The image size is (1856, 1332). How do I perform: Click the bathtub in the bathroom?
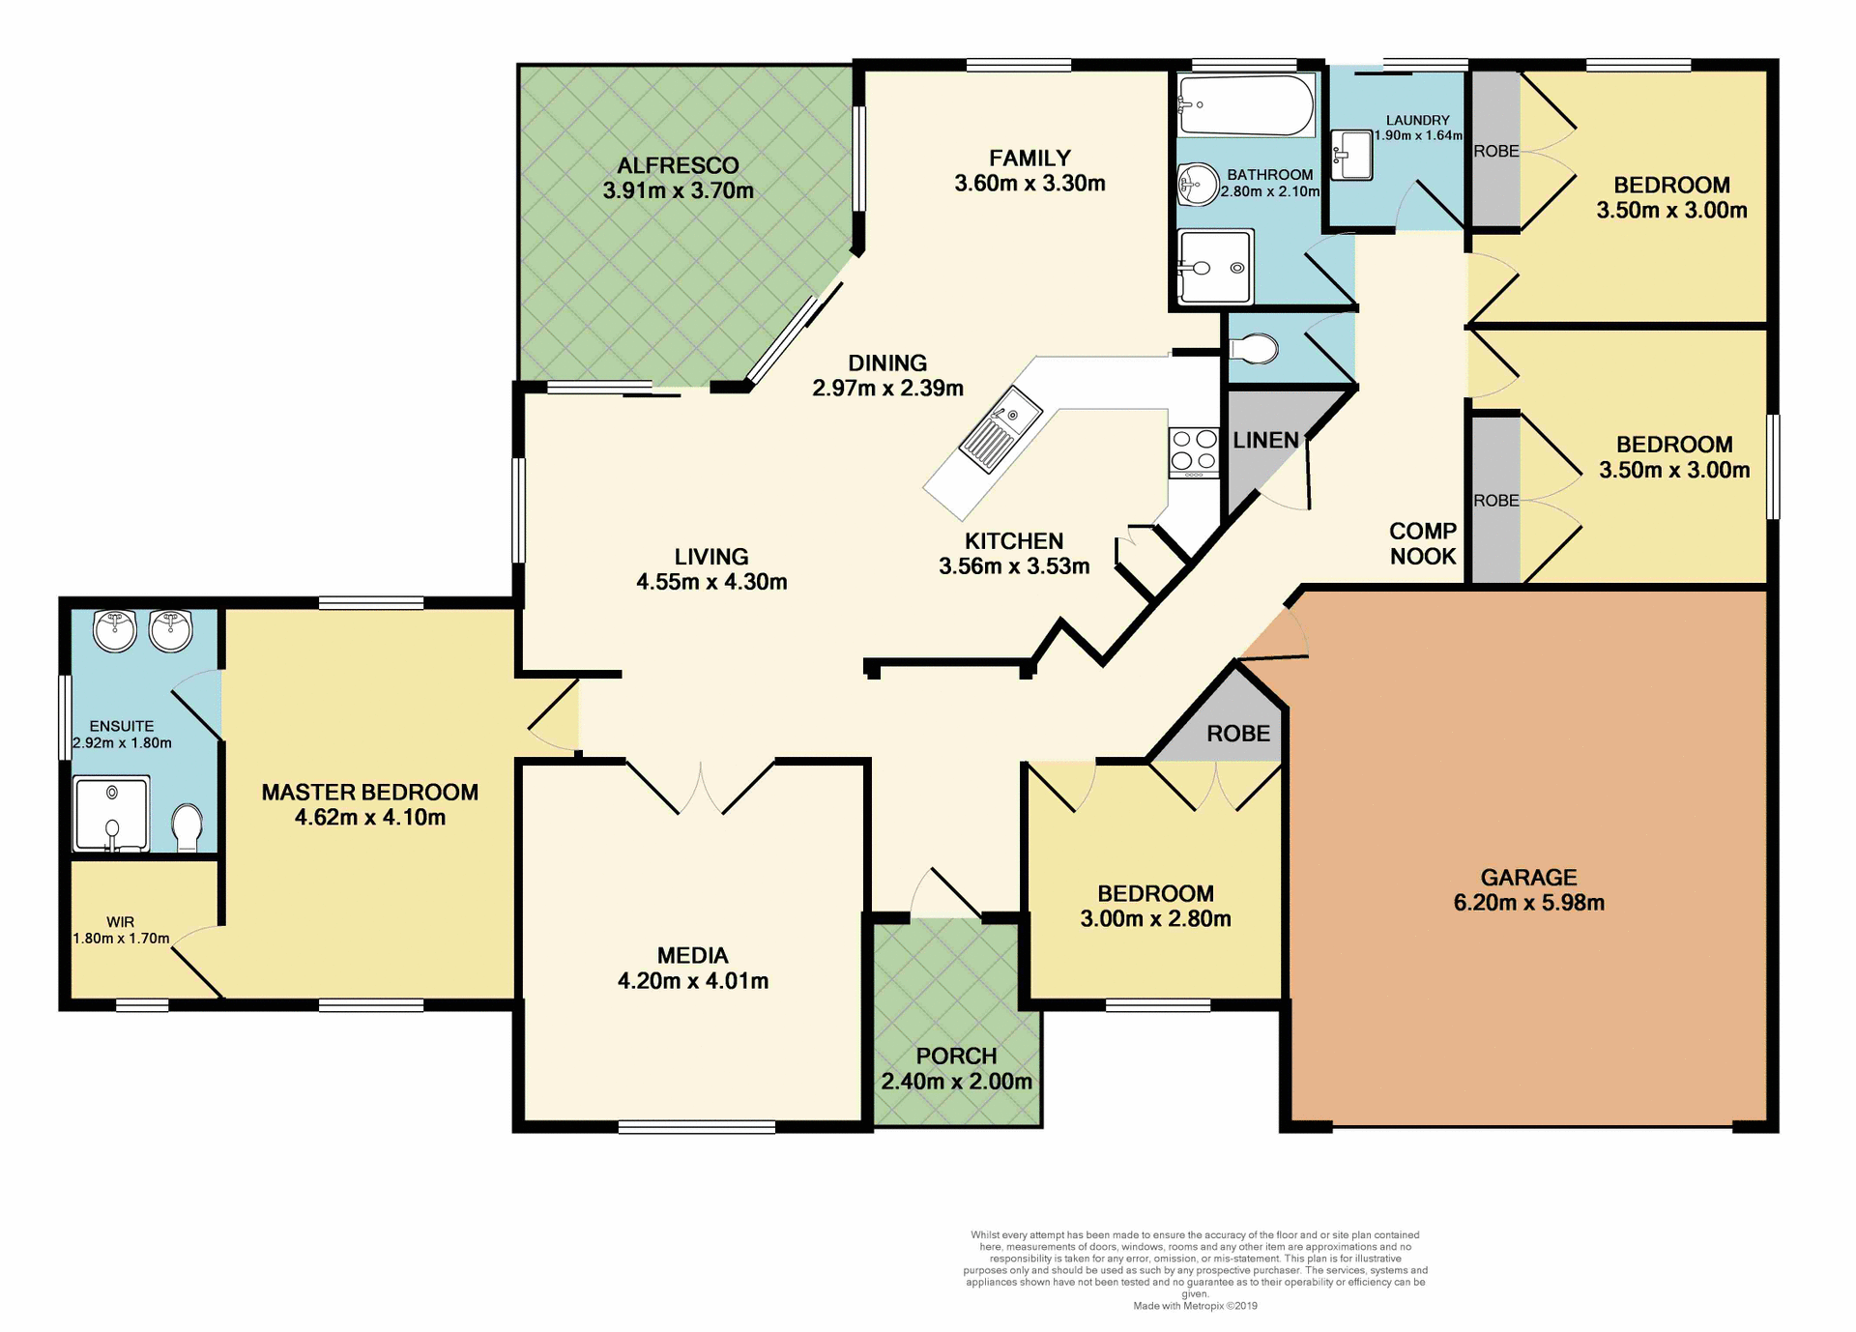[1246, 105]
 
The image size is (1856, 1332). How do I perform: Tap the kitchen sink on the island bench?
[1000, 430]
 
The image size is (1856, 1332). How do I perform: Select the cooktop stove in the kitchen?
[1194, 452]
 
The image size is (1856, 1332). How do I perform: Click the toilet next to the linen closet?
[1254, 349]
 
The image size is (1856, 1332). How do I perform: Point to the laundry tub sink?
[1352, 155]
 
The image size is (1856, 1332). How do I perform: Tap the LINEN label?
[1265, 441]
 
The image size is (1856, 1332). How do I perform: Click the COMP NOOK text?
[1422, 543]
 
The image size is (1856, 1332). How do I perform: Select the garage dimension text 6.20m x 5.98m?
[1528, 903]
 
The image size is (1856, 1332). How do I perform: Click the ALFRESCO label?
[678, 165]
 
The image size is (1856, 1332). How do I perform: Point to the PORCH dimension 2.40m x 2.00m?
[956, 1082]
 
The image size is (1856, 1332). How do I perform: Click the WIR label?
[121, 922]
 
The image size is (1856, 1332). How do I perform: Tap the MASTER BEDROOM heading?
[369, 793]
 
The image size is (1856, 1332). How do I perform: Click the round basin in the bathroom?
[1198, 184]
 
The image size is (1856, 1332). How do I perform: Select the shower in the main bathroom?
[1215, 267]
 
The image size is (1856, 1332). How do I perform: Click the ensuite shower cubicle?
[112, 813]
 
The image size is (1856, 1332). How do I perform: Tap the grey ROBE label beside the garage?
[1237, 734]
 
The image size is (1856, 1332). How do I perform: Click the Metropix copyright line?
[1195, 1306]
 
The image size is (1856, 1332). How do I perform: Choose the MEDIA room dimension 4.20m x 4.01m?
[692, 981]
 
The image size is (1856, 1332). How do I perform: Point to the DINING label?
[887, 363]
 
